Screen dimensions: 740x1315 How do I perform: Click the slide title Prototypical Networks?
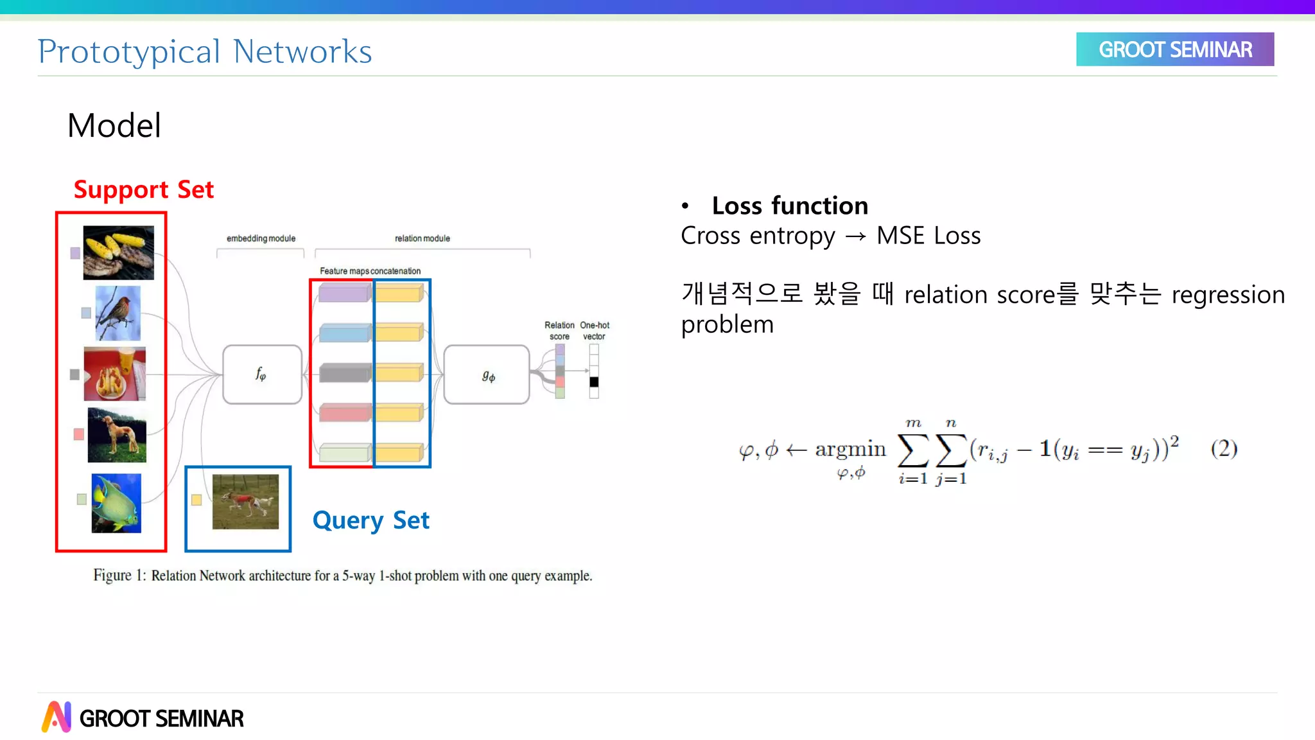click(x=205, y=51)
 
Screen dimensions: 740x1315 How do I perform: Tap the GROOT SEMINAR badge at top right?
click(x=1174, y=49)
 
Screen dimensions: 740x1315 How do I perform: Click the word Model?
click(x=114, y=125)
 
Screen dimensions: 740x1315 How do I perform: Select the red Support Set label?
click(x=143, y=189)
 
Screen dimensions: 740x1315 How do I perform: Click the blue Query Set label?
click(x=370, y=520)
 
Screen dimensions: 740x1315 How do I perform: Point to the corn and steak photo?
click(x=119, y=252)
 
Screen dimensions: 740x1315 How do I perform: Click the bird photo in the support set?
click(x=118, y=313)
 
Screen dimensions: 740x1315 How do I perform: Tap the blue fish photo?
click(x=116, y=503)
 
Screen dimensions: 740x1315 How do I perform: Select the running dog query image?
click(x=245, y=502)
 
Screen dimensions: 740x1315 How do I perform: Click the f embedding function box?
click(x=262, y=374)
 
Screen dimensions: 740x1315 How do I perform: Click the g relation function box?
click(x=487, y=374)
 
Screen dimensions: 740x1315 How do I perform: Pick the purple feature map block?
click(x=344, y=294)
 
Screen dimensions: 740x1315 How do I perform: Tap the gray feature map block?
click(x=344, y=373)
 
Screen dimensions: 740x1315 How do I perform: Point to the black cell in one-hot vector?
click(x=594, y=382)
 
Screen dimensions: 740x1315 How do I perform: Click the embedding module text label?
click(x=261, y=238)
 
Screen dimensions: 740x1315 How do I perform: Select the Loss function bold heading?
click(x=790, y=206)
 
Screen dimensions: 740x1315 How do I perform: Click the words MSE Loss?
click(x=928, y=236)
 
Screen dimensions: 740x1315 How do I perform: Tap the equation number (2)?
click(x=1224, y=448)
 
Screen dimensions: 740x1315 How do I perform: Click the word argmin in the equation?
click(x=850, y=449)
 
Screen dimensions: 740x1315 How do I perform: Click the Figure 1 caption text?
click(x=342, y=576)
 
